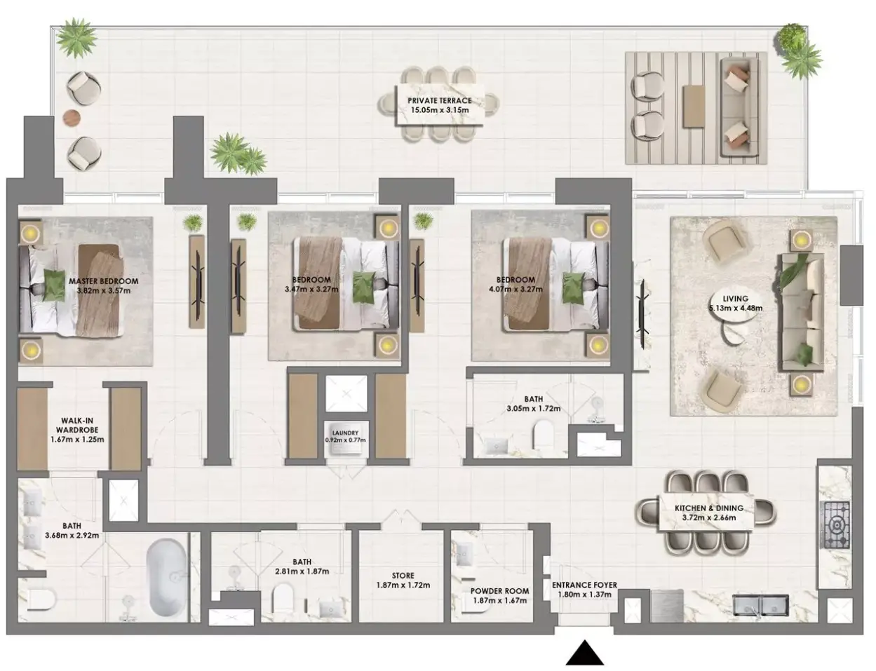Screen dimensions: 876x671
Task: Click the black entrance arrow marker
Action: [584, 653]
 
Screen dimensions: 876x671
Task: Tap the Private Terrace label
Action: [440, 100]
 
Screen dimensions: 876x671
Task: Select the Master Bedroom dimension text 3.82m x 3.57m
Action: [104, 290]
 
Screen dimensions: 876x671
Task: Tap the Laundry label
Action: [346, 433]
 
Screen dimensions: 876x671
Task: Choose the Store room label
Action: [403, 576]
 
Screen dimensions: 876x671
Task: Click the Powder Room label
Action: [499, 591]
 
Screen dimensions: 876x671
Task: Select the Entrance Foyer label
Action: [584, 585]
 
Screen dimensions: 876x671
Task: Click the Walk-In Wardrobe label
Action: [77, 425]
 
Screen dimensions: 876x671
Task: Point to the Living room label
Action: [735, 299]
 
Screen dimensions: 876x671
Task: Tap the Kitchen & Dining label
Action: [708, 508]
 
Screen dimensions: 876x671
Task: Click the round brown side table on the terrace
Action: [72, 117]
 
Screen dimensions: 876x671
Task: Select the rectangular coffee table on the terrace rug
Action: [694, 107]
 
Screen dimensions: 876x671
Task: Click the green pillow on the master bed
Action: [54, 285]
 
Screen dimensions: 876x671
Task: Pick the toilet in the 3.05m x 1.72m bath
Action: [543, 435]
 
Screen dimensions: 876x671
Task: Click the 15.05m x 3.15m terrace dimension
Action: [440, 110]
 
